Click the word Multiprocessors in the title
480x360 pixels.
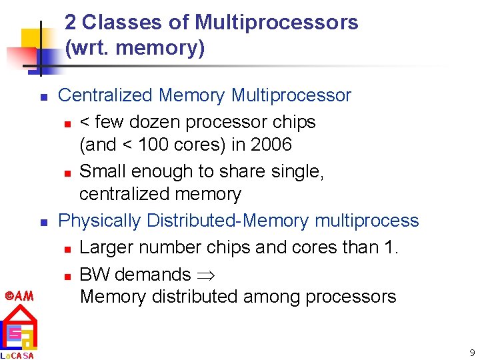(276, 23)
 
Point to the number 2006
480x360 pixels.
(269, 145)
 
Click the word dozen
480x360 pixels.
(159, 122)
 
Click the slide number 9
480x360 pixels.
(471, 352)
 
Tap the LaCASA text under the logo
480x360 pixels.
(18, 355)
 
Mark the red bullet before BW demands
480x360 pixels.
(67, 275)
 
